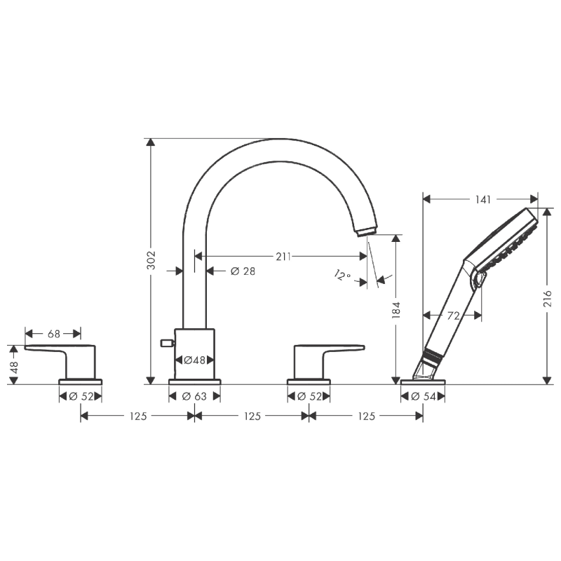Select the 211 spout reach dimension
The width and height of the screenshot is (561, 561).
tap(283, 257)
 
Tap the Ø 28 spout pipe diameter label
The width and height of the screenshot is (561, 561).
tap(242, 271)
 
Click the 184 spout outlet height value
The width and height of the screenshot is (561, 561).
tap(396, 309)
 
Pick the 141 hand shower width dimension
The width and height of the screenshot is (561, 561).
tap(481, 199)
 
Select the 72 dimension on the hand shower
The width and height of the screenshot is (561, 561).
tap(453, 316)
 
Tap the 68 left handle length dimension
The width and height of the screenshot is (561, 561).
tap(53, 334)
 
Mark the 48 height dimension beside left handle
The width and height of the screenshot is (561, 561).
tap(14, 365)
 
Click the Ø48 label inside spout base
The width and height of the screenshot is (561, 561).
tap(194, 360)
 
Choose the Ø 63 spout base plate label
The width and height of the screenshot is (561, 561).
tap(194, 396)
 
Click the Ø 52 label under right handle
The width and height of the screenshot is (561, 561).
tap(309, 396)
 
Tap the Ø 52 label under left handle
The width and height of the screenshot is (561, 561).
tap(81, 396)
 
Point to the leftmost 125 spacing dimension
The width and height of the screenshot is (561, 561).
tap(137, 416)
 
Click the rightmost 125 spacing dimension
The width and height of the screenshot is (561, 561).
tap(366, 416)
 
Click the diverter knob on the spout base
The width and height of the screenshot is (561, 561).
tap(166, 343)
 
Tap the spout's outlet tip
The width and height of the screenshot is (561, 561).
tap(366, 232)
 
